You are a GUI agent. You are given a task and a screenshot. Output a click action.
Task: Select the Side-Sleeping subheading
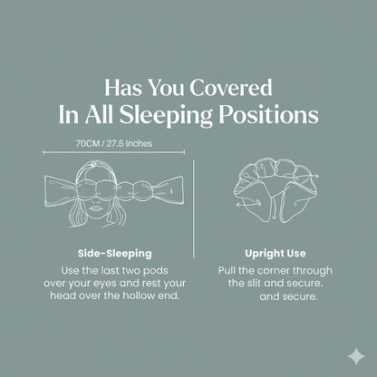[x=113, y=253]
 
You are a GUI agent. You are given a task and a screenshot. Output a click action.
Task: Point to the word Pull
[x=229, y=270]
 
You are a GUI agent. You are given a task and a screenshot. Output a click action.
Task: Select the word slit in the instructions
[x=254, y=283]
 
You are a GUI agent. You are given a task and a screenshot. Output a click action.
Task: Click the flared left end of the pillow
[x=56, y=189]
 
